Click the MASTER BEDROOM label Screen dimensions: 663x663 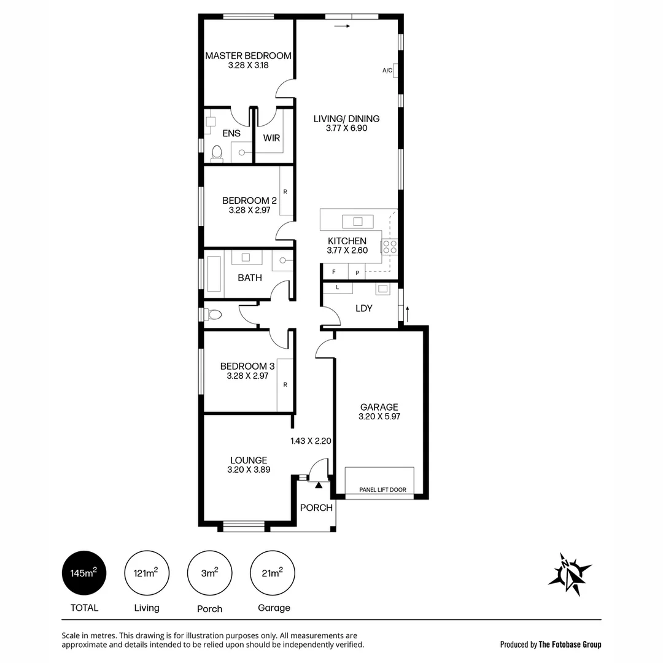click(x=248, y=56)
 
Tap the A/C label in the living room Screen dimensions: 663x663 click(x=387, y=71)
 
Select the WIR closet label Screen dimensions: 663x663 click(x=272, y=138)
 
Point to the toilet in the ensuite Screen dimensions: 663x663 click(x=216, y=152)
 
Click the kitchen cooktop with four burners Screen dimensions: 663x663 click(x=390, y=247)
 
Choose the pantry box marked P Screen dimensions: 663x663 click(x=357, y=272)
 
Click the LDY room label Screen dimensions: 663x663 click(x=364, y=308)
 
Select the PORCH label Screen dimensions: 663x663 click(x=317, y=508)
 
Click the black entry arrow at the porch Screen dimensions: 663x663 click(x=318, y=485)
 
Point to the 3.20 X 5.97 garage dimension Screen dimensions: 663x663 click(x=379, y=417)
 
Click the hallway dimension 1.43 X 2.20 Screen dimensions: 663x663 click(x=311, y=441)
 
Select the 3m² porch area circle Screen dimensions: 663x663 click(x=209, y=573)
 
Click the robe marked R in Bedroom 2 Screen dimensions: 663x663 click(x=285, y=191)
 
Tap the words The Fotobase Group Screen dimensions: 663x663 click(x=570, y=645)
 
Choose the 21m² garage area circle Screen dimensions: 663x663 click(x=273, y=573)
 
